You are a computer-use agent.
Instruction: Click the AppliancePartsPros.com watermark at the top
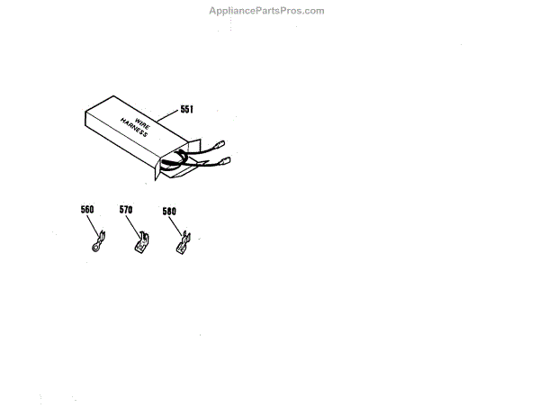pyautogui.click(x=266, y=10)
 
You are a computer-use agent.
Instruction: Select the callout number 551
pyautogui.click(x=187, y=108)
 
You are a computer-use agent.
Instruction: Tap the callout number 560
pyautogui.click(x=87, y=209)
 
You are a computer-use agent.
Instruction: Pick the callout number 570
pyautogui.click(x=126, y=209)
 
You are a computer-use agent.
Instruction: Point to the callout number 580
pyautogui.click(x=169, y=212)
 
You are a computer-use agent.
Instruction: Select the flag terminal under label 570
pyautogui.click(x=140, y=244)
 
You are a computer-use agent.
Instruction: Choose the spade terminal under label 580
pyautogui.click(x=184, y=243)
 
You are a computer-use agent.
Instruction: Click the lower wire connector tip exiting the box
pyautogui.click(x=225, y=161)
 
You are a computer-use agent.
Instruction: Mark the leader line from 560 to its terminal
pyautogui.click(x=93, y=222)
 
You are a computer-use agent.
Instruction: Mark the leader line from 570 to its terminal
pyautogui.click(x=132, y=223)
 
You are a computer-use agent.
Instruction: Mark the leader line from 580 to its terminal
pyautogui.click(x=176, y=225)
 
